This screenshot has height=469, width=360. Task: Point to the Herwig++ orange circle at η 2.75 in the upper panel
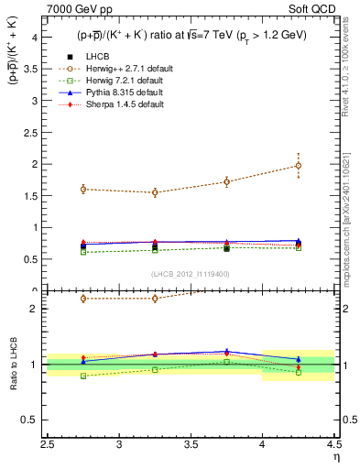(83, 190)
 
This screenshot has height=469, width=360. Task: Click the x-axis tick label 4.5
(333, 446)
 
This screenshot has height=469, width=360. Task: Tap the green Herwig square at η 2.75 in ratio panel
(83, 376)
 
